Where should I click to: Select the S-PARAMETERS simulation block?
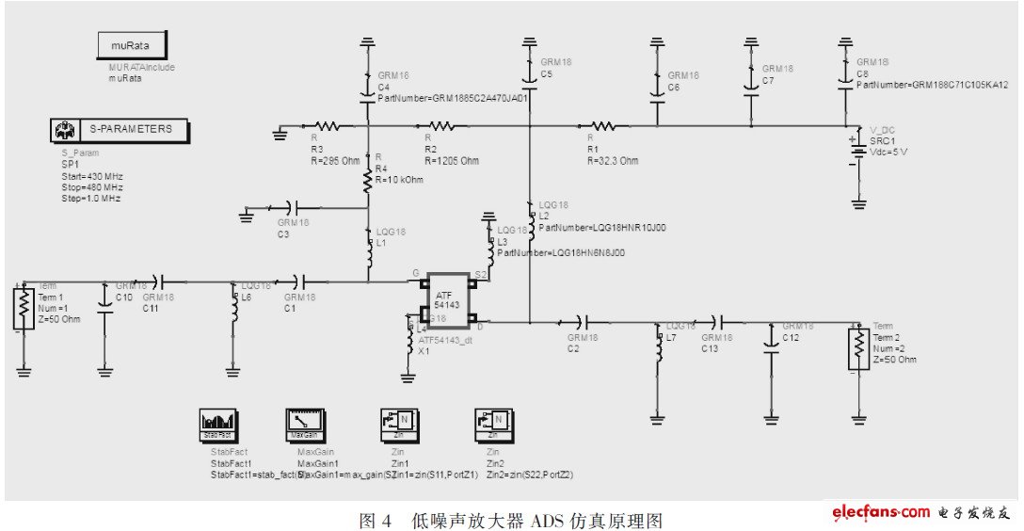120,130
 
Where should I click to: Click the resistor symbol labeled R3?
327,125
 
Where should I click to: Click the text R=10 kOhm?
398,180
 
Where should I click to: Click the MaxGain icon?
304,425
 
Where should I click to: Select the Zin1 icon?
398,425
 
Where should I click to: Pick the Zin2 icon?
495,425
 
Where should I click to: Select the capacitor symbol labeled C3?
288,206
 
